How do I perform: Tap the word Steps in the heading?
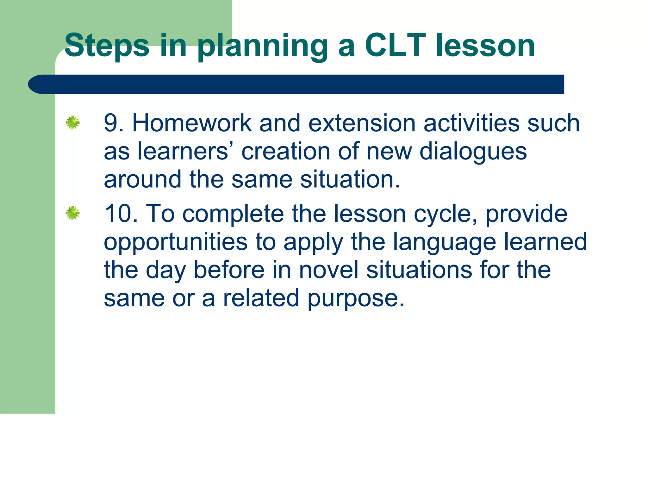(x=107, y=46)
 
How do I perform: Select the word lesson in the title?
(x=485, y=46)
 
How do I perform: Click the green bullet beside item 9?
(x=72, y=122)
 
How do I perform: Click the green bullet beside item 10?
(x=72, y=213)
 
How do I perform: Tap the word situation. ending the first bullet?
(x=350, y=179)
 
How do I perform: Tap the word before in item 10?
(x=229, y=270)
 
